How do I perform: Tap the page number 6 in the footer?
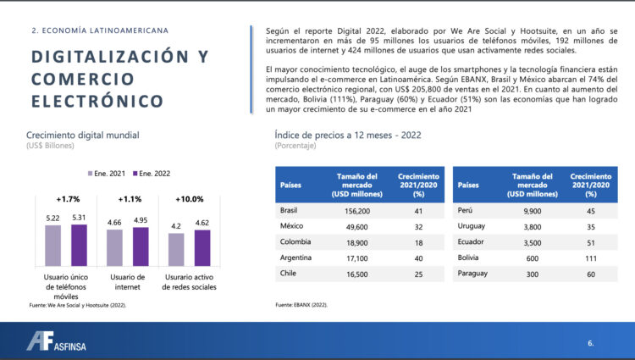(x=590, y=343)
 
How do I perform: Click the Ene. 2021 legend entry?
(x=107, y=173)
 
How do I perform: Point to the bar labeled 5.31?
(x=79, y=245)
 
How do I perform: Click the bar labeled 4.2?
(x=175, y=249)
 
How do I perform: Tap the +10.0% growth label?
(x=189, y=199)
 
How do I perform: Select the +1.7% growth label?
(x=67, y=199)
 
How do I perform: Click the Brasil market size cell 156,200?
(x=358, y=210)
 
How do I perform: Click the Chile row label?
(x=288, y=274)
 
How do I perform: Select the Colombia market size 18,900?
(x=358, y=241)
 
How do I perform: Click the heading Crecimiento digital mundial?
(x=82, y=135)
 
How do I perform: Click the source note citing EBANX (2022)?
(x=301, y=304)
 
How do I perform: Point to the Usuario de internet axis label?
(x=128, y=281)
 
